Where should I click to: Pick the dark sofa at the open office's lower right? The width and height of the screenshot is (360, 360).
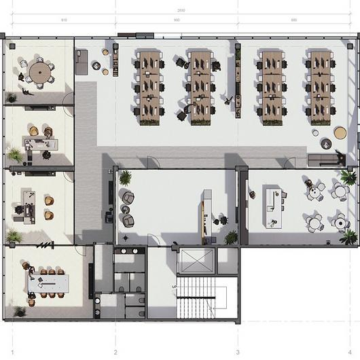tap(325, 160)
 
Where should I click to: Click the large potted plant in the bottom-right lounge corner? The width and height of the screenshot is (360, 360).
tap(348, 236)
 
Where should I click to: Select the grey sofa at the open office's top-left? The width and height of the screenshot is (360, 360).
tap(82, 61)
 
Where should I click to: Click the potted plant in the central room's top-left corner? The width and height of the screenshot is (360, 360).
tap(126, 178)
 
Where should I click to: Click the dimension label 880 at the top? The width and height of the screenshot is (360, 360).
tap(294, 20)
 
